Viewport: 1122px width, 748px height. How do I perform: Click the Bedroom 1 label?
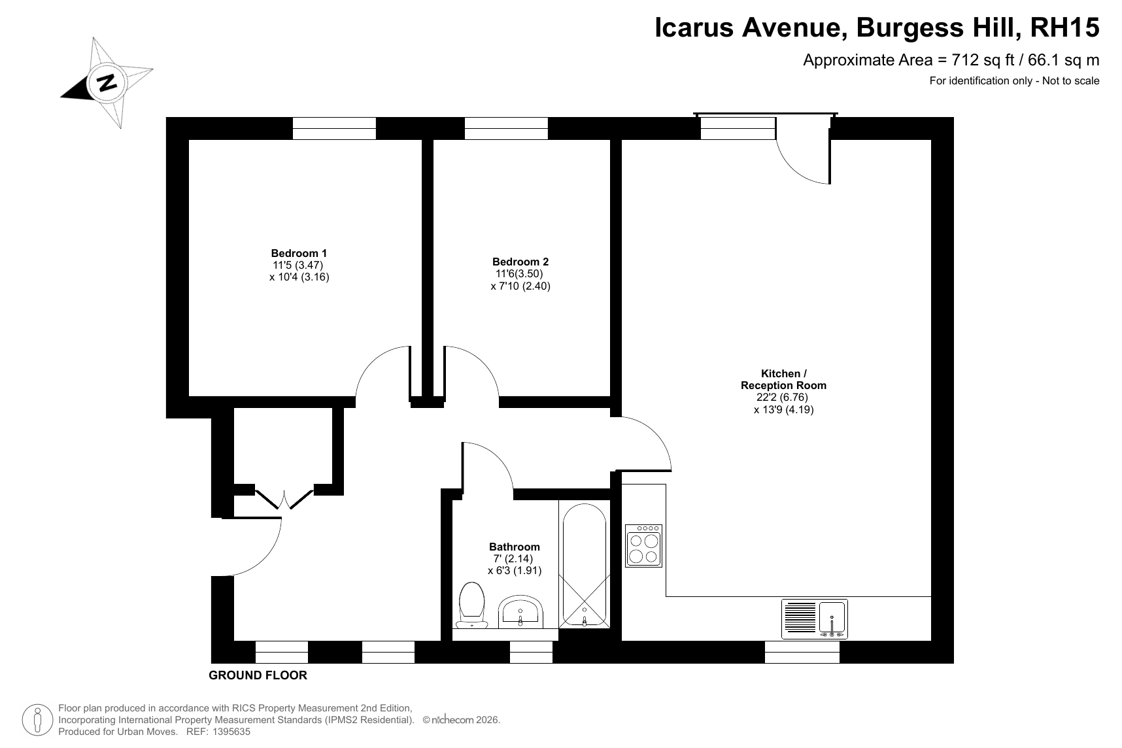tap(299, 254)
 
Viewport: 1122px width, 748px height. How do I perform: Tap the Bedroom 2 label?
tap(520, 262)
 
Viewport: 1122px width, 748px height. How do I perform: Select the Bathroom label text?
tap(515, 547)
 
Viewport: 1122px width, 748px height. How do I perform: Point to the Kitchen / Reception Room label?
tap(783, 380)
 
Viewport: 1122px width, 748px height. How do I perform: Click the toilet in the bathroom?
tap(472, 604)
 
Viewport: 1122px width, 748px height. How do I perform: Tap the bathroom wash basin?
tap(520, 611)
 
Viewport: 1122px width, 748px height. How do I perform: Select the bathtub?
tap(584, 566)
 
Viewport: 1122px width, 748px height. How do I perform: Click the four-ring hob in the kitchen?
tap(644, 546)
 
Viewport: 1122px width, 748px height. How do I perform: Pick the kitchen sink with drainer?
tap(815, 619)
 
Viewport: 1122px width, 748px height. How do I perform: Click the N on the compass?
tap(107, 82)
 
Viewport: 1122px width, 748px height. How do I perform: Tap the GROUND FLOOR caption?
tap(258, 675)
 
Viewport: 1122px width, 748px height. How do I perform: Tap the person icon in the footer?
tap(38, 721)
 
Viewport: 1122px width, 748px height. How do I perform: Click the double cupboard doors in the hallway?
tap(284, 499)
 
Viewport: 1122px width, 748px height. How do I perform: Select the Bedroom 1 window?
tap(334, 128)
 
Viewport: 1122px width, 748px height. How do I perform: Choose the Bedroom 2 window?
tap(506, 128)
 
